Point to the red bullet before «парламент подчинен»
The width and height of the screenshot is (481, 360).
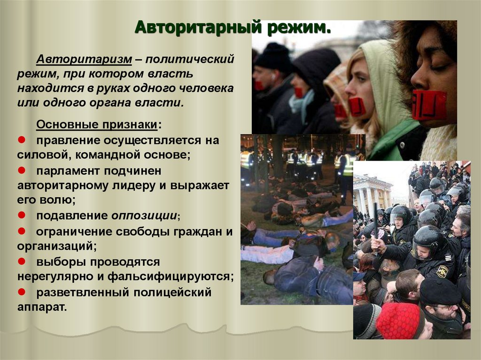point(22,171)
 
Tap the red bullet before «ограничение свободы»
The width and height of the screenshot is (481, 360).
point(22,231)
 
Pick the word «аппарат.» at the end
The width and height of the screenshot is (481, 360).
point(42,307)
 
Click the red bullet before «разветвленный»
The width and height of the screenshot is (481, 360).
point(22,291)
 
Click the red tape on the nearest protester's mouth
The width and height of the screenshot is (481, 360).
point(428,105)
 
